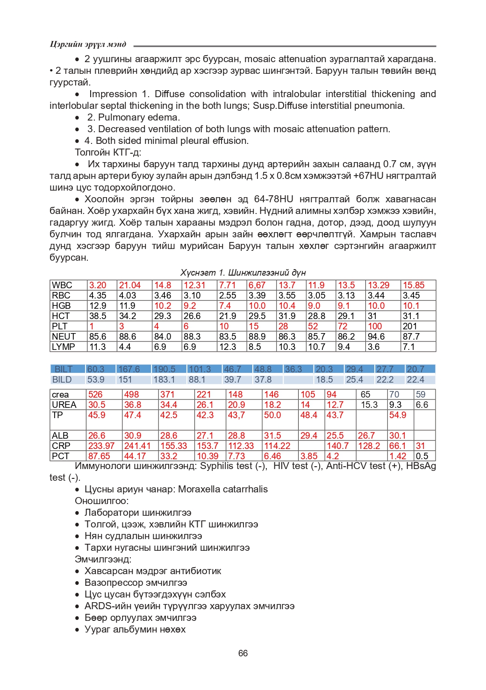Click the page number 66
(x=243, y=653)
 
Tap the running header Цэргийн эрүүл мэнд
(x=88, y=44)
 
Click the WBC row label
(x=62, y=285)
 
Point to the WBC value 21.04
(x=130, y=285)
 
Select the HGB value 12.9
(x=98, y=306)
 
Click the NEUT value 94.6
(x=376, y=337)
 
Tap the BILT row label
(x=64, y=370)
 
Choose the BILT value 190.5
(x=164, y=370)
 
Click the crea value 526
(x=95, y=395)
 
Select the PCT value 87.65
(x=99, y=456)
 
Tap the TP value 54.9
(x=398, y=415)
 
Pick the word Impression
(x=113, y=94)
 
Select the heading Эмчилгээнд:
(x=103, y=559)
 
